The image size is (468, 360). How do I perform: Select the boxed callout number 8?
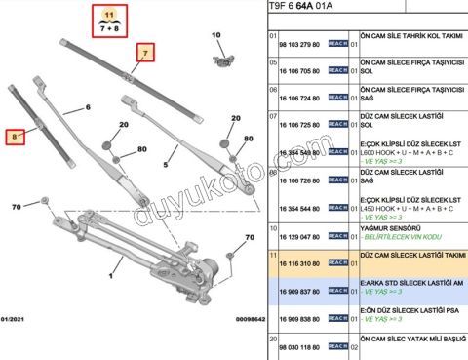(x=15, y=139)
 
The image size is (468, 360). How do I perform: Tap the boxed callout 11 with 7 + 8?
(x=109, y=20)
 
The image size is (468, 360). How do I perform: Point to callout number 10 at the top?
(x=216, y=35)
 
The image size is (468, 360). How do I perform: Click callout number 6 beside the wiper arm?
(x=88, y=107)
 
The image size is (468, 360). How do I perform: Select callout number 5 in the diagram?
(x=166, y=166)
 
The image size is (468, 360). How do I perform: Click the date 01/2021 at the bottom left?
(x=19, y=318)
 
